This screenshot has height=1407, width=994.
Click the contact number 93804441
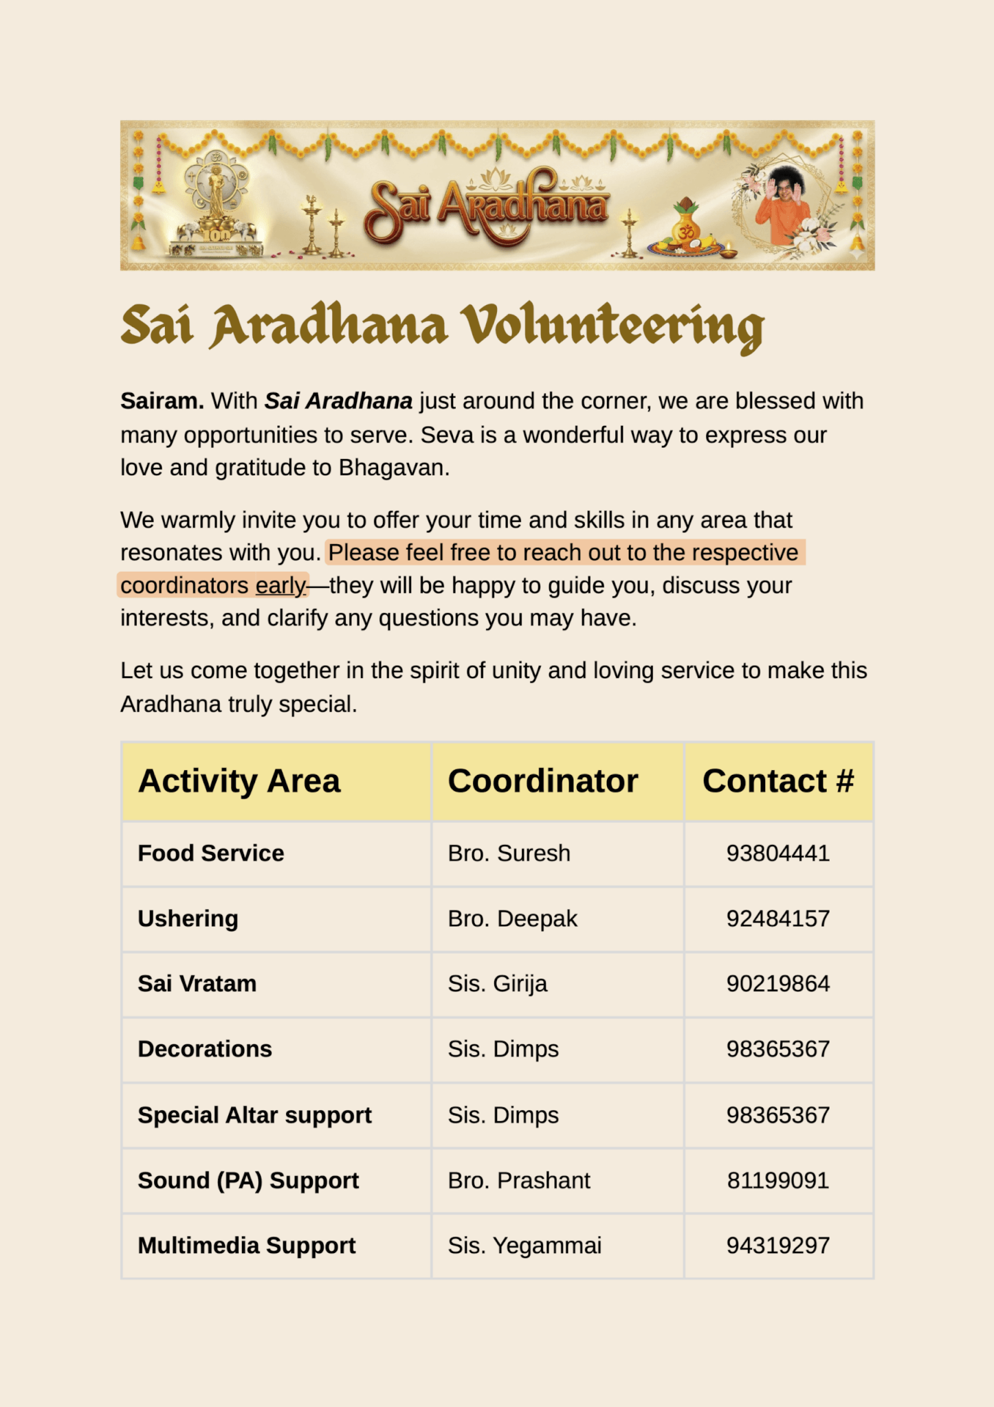777,853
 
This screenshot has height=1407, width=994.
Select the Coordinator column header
542,781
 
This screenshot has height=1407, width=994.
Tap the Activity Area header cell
239,781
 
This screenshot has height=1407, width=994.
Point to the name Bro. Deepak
512,919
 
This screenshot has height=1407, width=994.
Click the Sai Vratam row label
197,984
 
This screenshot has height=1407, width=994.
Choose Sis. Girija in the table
497,984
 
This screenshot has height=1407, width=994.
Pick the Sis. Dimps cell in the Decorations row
502,1049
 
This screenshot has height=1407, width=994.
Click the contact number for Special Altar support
777,1115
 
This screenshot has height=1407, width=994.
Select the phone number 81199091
777,1180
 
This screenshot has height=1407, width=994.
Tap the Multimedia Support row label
246,1246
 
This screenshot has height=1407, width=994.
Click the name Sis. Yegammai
524,1246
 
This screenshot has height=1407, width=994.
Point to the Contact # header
777,781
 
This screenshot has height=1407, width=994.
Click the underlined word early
280,585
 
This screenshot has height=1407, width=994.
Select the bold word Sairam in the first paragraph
162,401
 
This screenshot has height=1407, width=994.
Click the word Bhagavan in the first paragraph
393,467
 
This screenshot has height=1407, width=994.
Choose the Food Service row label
210,853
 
